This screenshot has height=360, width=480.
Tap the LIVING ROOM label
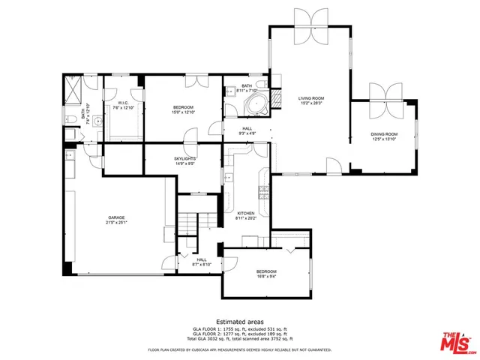point(310,98)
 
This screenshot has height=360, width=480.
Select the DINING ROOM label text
point(383,133)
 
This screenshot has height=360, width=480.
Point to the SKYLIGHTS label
point(185,159)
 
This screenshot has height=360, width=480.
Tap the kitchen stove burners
point(263,193)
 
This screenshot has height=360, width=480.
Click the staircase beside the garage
point(189,223)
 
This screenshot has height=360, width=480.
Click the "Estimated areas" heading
point(239,321)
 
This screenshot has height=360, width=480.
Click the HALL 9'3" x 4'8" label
point(247,130)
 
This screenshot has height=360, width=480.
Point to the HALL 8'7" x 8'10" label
point(202,262)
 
